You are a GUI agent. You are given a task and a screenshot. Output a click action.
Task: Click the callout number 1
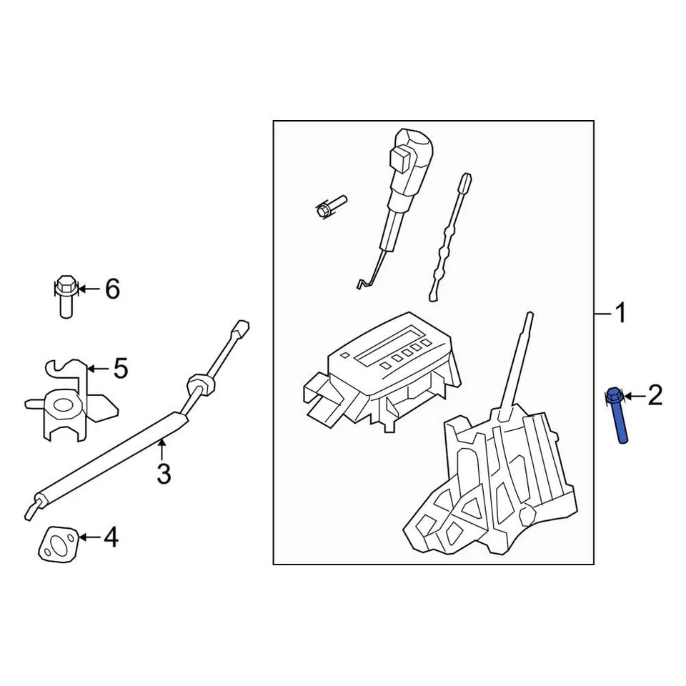click(x=620, y=313)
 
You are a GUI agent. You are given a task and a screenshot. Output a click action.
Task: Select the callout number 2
click(x=655, y=394)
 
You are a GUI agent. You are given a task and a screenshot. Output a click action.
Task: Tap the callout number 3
click(x=164, y=473)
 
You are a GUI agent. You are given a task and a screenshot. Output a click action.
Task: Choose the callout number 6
click(x=112, y=289)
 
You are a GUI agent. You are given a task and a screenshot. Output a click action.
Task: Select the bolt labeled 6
click(x=64, y=294)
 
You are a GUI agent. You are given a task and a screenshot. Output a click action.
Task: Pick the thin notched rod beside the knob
click(x=449, y=239)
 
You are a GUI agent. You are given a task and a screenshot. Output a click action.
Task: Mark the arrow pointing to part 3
click(x=162, y=451)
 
